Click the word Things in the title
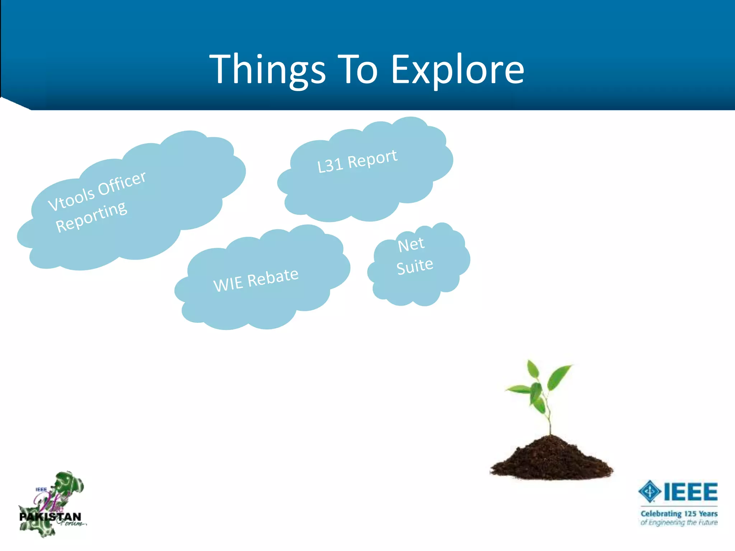pos(267,69)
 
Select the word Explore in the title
pos(457,69)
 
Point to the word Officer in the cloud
pos(122,183)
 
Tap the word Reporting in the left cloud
pos(91,217)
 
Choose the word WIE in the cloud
pos(228,284)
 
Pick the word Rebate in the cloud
pos(273,277)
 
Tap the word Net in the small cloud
pos(411,245)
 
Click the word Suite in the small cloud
pos(415,267)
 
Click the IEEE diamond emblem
pos(649,491)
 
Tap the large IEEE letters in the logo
pos(690,491)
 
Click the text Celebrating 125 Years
pos(679,513)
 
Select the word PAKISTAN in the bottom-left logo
pos(50,517)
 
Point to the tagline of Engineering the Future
pos(679,523)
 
